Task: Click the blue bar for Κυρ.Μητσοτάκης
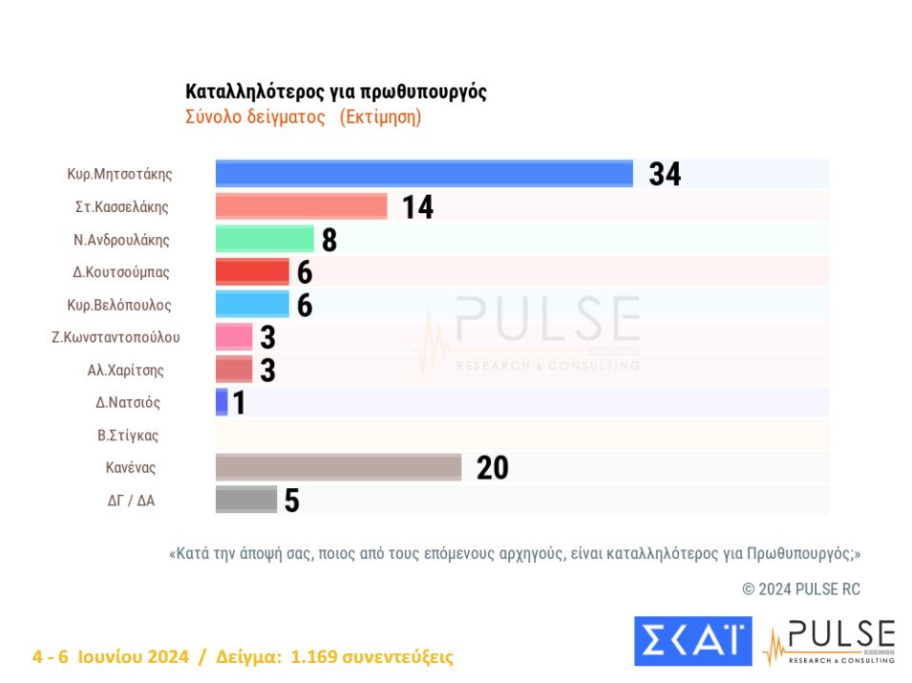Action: tap(424, 174)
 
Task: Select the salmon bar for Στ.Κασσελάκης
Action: tap(301, 206)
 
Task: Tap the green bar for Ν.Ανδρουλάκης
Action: tap(265, 239)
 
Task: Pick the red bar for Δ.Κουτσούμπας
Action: tap(252, 271)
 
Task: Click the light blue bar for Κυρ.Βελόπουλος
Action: tap(252, 304)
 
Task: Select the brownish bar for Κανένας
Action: tap(338, 467)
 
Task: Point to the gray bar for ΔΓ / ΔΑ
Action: tap(245, 500)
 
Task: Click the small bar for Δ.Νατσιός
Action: tap(222, 402)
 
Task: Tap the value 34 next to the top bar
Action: tap(665, 174)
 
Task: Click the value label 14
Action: tap(417, 207)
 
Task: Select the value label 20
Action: tap(492, 468)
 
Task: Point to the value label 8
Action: tap(329, 240)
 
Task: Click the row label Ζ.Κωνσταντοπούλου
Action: tap(116, 337)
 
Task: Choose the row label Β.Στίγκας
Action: tap(128, 436)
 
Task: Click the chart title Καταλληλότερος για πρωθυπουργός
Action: tap(336, 92)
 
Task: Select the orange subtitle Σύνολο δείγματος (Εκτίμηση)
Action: tap(303, 117)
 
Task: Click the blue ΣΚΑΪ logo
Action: tap(692, 641)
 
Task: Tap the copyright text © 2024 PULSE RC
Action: tap(801, 589)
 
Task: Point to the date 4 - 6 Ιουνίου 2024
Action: tap(110, 657)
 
